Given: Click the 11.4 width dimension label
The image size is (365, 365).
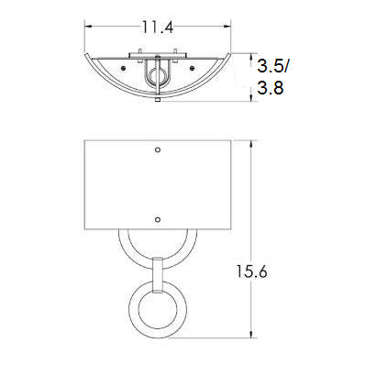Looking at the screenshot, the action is pyautogui.click(x=158, y=28).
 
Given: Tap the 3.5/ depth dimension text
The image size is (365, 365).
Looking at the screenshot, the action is pyautogui.click(x=272, y=65).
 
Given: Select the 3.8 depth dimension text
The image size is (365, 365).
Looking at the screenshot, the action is pyautogui.click(x=271, y=88).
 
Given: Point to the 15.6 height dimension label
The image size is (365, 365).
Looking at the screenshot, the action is pyautogui.click(x=251, y=271).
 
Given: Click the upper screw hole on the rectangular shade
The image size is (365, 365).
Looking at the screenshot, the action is pyautogui.click(x=158, y=149).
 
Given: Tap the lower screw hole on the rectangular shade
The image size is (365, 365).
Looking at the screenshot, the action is pyautogui.click(x=158, y=219).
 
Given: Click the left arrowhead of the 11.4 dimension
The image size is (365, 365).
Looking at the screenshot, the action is pyautogui.click(x=88, y=27).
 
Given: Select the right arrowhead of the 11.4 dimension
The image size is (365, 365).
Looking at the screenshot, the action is pyautogui.click(x=227, y=27).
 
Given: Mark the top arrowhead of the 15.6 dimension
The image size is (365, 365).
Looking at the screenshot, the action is pyautogui.click(x=251, y=144).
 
